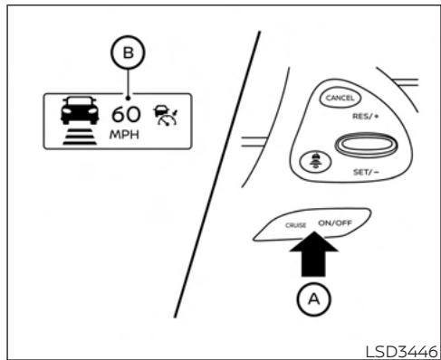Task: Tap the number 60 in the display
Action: point(126,116)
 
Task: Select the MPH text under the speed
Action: point(126,136)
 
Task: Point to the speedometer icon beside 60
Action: point(162,116)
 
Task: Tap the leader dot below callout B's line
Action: point(129,99)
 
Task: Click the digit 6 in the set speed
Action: point(118,116)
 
